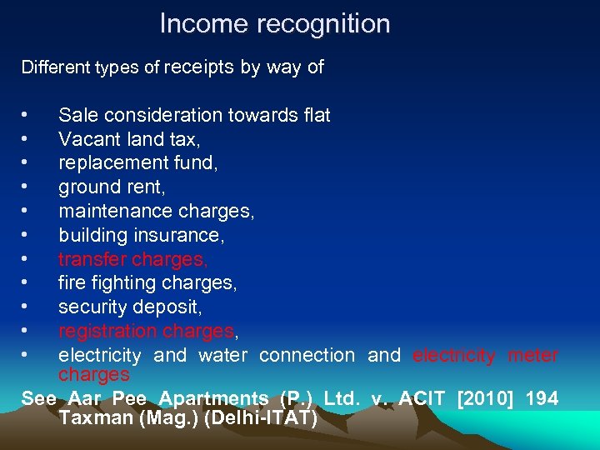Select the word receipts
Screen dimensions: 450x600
click(199, 67)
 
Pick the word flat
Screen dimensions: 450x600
click(316, 115)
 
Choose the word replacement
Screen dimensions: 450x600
click(114, 163)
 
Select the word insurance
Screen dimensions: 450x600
click(183, 236)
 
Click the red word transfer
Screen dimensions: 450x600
click(92, 260)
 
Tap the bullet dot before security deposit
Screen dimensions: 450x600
click(28, 308)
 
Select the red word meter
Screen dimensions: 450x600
click(532, 355)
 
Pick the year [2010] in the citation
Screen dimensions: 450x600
click(486, 398)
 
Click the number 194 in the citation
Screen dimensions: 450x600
click(542, 398)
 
